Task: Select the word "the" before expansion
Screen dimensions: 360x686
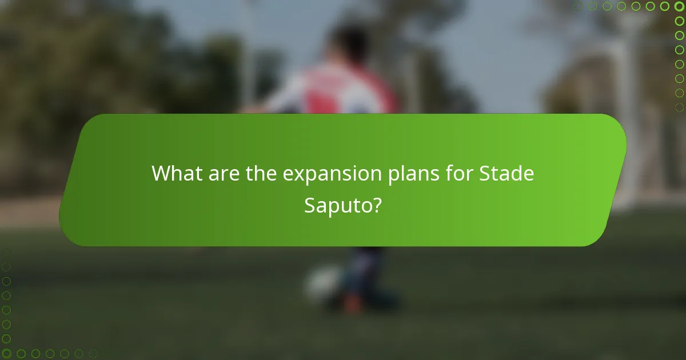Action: point(261,173)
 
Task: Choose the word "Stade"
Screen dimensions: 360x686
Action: point(506,173)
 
